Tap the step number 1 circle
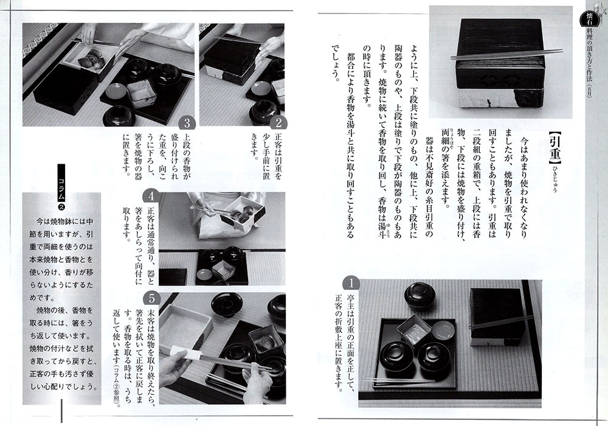[x=351, y=283]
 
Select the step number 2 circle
[x=278, y=124]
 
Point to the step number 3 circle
[x=187, y=124]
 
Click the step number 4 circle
[x=151, y=196]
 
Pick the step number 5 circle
[x=151, y=299]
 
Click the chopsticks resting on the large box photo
[x=506, y=55]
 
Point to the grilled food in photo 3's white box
[x=90, y=58]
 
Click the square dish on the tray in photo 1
[x=414, y=331]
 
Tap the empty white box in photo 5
[x=185, y=325]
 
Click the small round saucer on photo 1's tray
[x=443, y=329]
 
